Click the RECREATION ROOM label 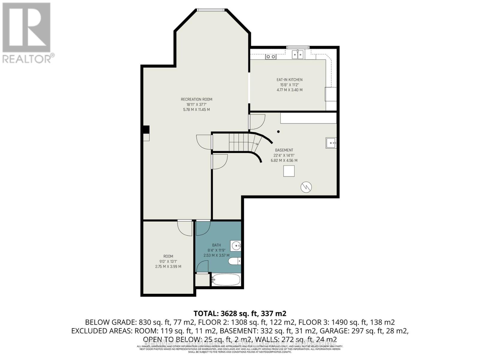[x=196, y=99]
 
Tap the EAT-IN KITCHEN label [x=289, y=79]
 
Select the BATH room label [x=216, y=245]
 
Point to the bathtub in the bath [x=226, y=280]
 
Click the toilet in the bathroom [x=235, y=262]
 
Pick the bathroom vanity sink [x=236, y=246]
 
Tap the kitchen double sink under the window [x=298, y=55]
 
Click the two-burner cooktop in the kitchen [x=271, y=56]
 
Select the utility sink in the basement [x=331, y=143]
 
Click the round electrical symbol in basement [x=306, y=187]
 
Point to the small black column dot [x=278, y=131]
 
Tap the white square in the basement [x=289, y=171]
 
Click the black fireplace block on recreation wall [x=146, y=129]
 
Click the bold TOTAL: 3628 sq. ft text [x=240, y=314]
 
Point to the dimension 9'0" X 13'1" [x=168, y=261]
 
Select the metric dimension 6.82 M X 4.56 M [x=284, y=160]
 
